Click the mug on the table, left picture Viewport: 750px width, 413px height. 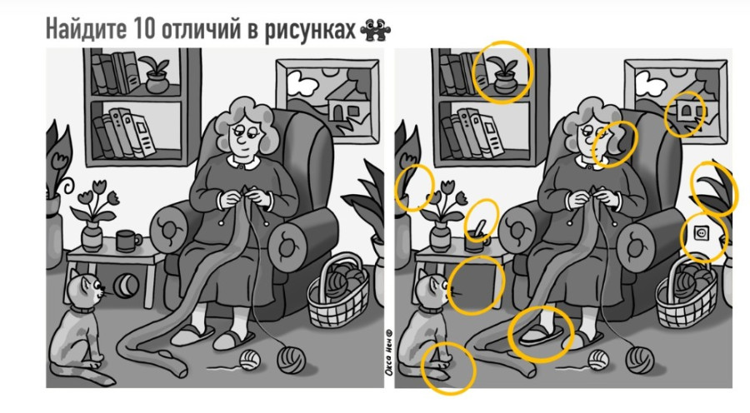click(128, 241)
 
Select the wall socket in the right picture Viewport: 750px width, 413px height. click(701, 235)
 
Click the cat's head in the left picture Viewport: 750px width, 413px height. click(87, 292)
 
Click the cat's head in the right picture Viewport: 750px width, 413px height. click(432, 292)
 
